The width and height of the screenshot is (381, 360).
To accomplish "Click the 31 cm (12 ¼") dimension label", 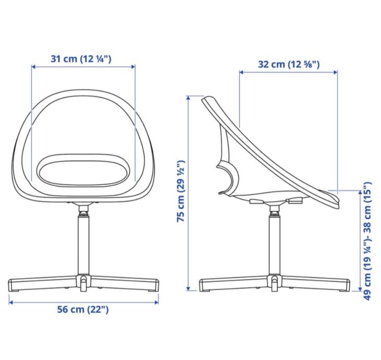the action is pyautogui.click(x=81, y=59).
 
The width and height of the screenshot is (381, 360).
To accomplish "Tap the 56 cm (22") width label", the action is pyautogui.click(x=83, y=309).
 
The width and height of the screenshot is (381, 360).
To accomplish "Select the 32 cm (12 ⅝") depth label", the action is pyautogui.click(x=289, y=65).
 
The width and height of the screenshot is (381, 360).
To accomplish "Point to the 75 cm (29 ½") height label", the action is pyautogui.click(x=181, y=191).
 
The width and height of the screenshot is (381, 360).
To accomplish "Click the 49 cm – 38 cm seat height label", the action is pyautogui.click(x=367, y=241).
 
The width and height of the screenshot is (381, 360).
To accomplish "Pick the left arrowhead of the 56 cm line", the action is pyautogui.click(x=11, y=303).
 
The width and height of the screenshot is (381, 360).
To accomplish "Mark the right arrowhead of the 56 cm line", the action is pyautogui.click(x=157, y=303).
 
